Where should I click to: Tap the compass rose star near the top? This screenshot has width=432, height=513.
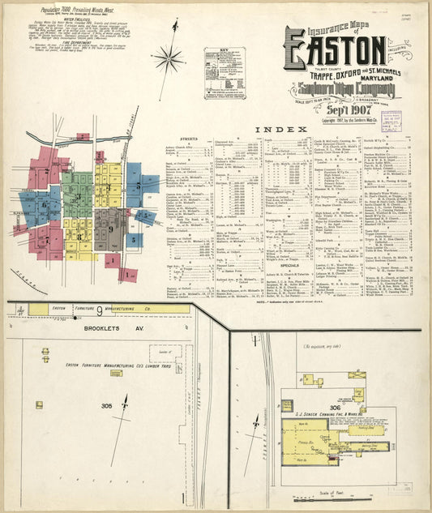(x=169, y=58)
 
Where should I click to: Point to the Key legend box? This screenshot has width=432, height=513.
(x=225, y=73)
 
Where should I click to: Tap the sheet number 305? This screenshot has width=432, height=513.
(x=106, y=404)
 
